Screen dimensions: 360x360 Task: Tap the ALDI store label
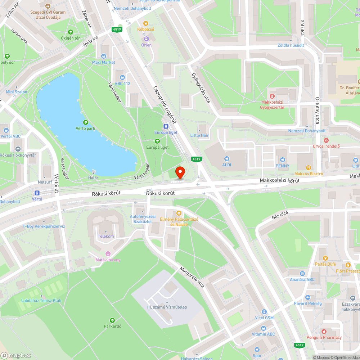[226, 165]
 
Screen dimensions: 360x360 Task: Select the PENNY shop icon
[283, 160]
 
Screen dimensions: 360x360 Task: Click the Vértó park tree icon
[85, 122]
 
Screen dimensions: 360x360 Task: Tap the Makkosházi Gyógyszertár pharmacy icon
[273, 96]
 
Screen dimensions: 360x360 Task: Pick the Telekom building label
[106, 236]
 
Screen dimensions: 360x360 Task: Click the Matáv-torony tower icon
[108, 254]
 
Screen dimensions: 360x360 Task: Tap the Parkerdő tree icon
[112, 320]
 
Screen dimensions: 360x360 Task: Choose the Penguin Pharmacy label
[324, 337]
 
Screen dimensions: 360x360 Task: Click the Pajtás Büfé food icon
[326, 258]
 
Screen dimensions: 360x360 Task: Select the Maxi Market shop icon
[104, 56]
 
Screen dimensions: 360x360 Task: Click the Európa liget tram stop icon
[166, 126]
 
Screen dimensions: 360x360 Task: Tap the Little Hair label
[199, 135]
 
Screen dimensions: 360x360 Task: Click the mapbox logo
[16, 355]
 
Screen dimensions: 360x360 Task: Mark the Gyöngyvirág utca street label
[201, 90]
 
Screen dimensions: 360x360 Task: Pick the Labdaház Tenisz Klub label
[41, 301]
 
